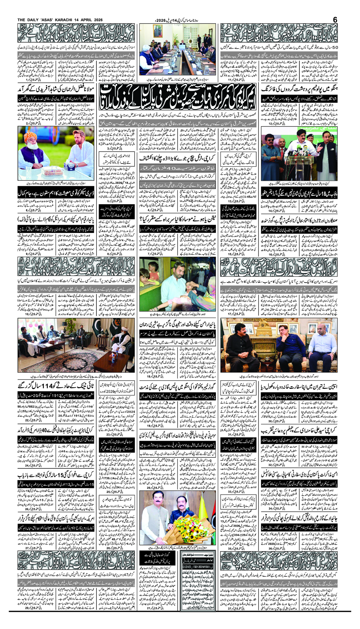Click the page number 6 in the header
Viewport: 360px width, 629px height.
(335, 19)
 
